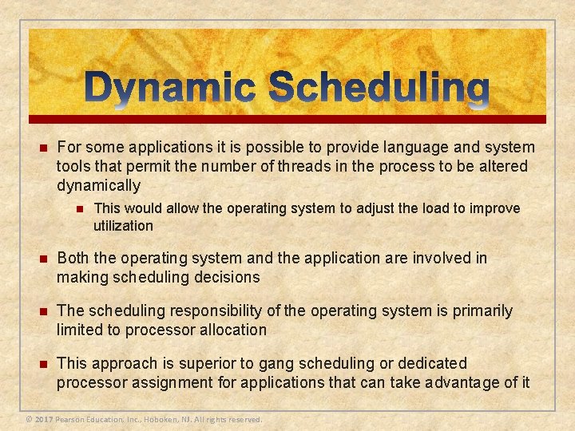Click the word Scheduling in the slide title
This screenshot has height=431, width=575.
(380, 90)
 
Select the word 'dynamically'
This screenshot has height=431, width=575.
(98, 185)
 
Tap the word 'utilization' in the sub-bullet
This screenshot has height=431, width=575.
(123, 226)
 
